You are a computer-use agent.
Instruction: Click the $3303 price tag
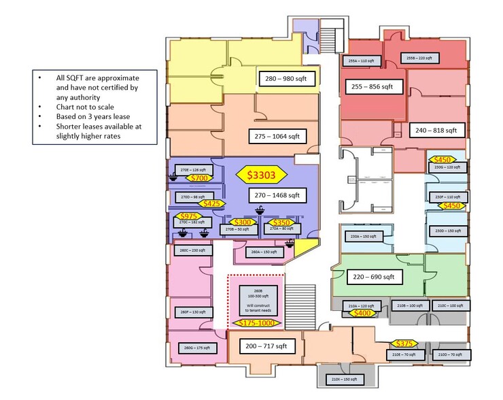(x=260, y=175)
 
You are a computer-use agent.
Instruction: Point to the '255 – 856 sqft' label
(x=372, y=87)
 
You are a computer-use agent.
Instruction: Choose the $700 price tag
(x=199, y=178)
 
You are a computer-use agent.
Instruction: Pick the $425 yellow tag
(x=212, y=203)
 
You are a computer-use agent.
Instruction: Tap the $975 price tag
(x=189, y=216)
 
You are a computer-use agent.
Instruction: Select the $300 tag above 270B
(x=242, y=222)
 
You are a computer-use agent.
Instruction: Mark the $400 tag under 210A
(x=362, y=313)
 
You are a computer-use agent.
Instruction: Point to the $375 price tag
(x=404, y=344)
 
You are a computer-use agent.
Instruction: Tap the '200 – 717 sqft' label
(x=266, y=346)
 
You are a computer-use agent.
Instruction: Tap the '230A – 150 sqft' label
(x=363, y=237)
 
